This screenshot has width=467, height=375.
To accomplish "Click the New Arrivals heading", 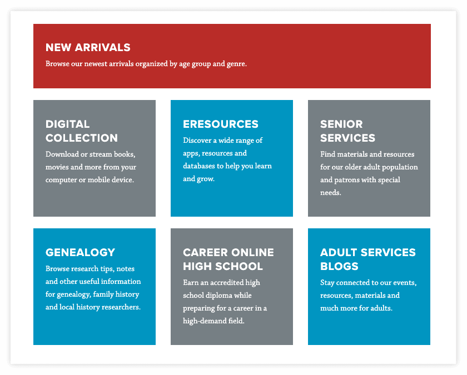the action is [88, 47].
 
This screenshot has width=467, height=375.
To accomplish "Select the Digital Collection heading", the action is [82, 131].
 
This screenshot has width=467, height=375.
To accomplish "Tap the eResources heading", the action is [220, 124].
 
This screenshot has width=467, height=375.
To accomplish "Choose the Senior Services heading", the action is [347, 131].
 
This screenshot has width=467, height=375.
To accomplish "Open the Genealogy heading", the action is [80, 252].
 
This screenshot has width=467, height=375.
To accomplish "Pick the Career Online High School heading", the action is [228, 259].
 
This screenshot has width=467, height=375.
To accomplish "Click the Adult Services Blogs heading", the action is [368, 259].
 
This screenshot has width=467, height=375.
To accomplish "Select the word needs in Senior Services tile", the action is [331, 193].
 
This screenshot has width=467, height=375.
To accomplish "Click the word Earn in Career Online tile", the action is [190, 282].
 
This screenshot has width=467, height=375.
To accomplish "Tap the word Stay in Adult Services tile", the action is [327, 283].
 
